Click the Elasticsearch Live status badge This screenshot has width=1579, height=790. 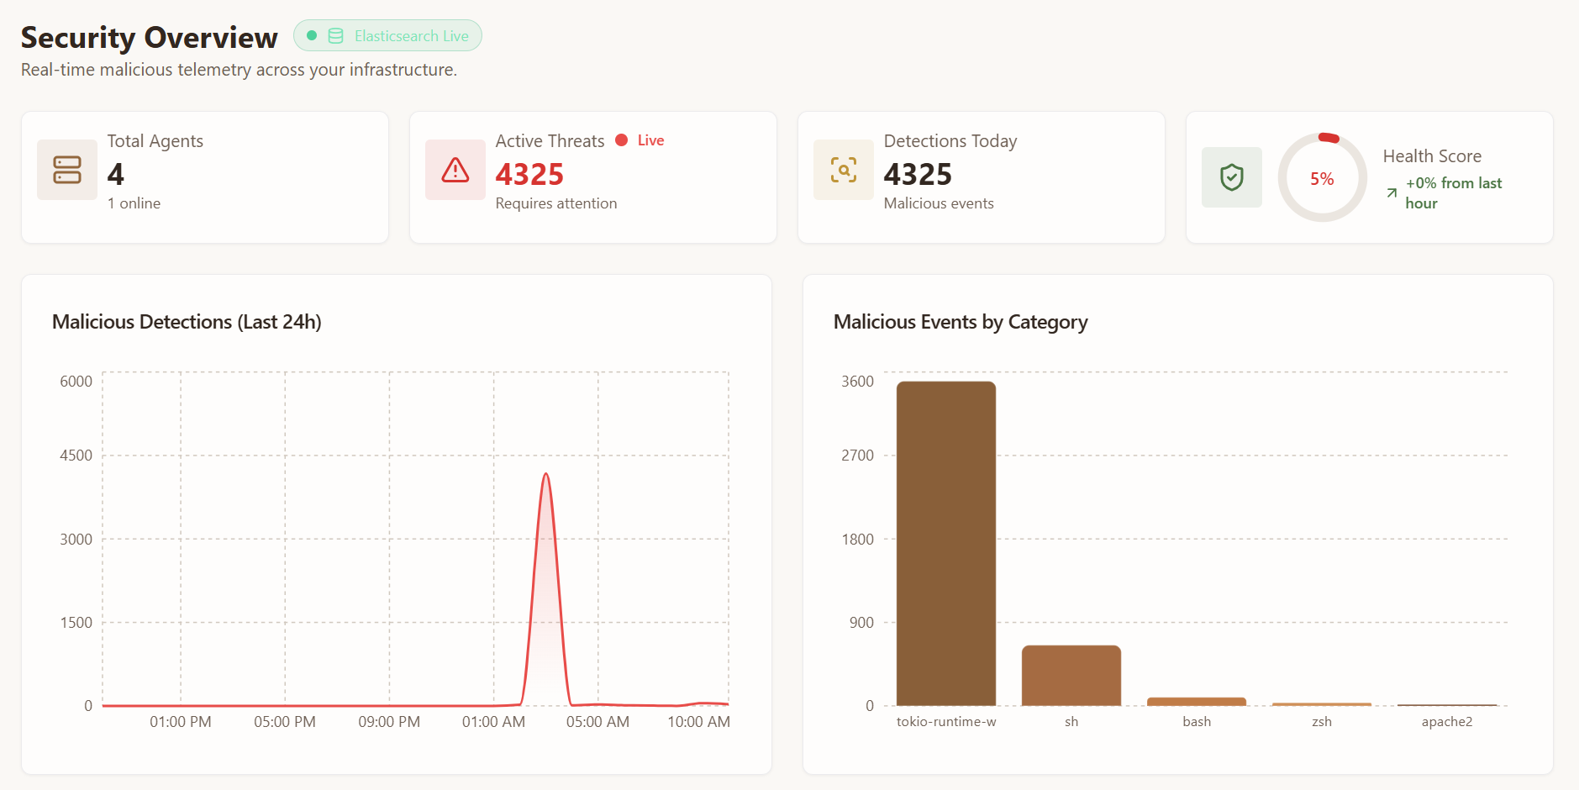tap(387, 36)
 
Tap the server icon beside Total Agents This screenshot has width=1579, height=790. tap(67, 170)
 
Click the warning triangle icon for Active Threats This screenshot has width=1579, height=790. tap(455, 170)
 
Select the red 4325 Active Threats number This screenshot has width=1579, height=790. tap(529, 174)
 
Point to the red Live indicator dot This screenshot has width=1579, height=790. tap(622, 140)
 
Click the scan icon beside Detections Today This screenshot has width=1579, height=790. tap(844, 170)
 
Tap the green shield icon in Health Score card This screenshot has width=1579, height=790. tap(1232, 177)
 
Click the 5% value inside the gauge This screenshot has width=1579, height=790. tap(1322, 179)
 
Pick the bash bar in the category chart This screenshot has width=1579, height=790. tap(1197, 701)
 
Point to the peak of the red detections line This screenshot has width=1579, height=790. tap(546, 474)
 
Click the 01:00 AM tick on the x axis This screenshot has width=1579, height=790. tap(493, 722)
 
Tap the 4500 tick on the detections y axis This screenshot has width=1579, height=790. tap(76, 456)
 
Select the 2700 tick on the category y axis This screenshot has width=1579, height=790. tap(857, 456)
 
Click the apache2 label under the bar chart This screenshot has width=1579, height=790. tap(1447, 722)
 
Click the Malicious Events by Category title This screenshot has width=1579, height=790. tap(961, 322)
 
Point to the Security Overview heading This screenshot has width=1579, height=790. tap(149, 38)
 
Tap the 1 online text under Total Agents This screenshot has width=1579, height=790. tap(134, 203)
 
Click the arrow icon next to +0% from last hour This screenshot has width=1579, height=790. tap(1392, 193)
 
